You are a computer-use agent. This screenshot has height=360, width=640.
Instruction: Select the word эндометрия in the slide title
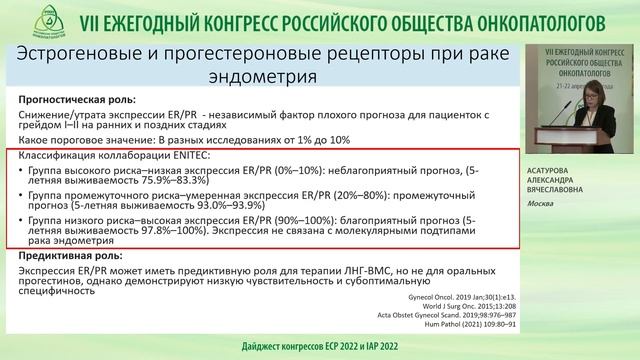[x=268, y=75]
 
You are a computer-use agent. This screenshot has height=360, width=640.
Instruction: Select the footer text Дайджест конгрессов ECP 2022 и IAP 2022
[x=320, y=346]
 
